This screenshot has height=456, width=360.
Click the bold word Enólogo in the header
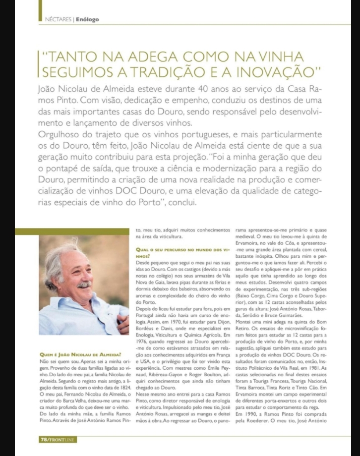[x=88, y=19]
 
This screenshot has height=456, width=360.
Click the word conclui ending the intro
[x=184, y=203]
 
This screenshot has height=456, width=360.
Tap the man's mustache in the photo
[x=84, y=285]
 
